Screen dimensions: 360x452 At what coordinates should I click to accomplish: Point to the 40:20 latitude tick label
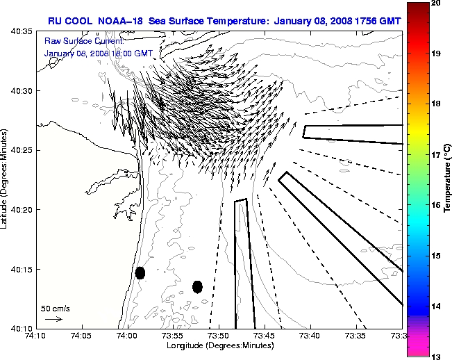tap(22, 210)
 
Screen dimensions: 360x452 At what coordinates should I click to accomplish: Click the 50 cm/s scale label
tap(56, 308)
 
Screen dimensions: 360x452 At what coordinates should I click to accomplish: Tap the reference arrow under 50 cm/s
tap(54, 319)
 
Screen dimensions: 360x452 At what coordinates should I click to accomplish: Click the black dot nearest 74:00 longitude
tap(140, 272)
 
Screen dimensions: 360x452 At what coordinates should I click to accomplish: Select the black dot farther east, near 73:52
tap(197, 286)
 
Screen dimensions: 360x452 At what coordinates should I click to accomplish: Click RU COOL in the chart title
tap(69, 21)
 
